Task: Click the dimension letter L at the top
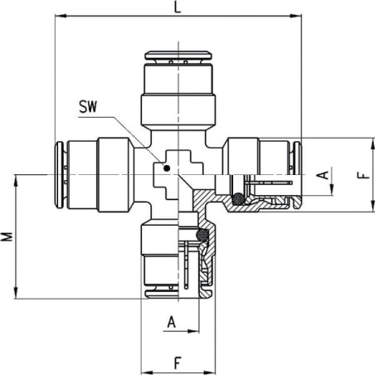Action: point(178,7)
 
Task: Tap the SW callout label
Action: point(88,106)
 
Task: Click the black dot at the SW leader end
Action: point(167,168)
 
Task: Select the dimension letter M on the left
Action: point(7,236)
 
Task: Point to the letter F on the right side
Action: point(363,175)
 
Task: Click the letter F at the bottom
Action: point(178,363)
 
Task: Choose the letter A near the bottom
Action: point(172,322)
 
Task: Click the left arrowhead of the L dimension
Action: point(61,16)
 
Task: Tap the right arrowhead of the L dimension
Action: point(295,16)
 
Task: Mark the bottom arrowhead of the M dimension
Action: point(16,293)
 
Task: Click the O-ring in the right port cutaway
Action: point(238,198)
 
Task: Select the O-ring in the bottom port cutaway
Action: point(202,235)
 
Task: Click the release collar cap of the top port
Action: point(178,56)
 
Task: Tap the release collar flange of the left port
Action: point(59,175)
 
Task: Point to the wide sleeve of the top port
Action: point(178,110)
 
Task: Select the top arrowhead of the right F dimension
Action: point(373,144)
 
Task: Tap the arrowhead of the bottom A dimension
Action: point(193,331)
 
